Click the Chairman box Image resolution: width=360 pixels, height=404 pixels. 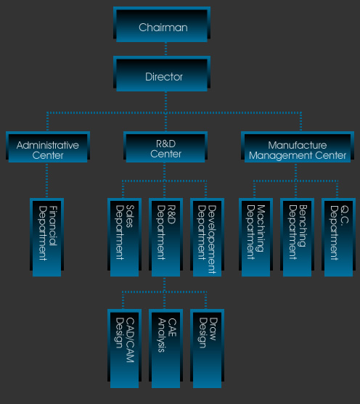(162, 25)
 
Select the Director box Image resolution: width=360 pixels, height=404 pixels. (162, 74)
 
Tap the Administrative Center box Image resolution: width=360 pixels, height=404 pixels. (48, 147)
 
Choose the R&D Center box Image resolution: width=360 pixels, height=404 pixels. (165, 147)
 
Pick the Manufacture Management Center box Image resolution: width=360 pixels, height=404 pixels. (298, 147)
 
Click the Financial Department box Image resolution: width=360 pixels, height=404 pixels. (46, 237)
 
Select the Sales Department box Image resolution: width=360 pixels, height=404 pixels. (124, 237)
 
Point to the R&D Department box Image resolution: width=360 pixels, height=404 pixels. (165, 237)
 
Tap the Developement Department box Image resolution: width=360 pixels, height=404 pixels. (207, 237)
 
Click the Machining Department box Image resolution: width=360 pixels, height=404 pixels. (255, 237)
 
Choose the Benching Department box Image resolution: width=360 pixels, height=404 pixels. (297, 237)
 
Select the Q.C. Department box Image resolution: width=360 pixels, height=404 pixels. (338, 237)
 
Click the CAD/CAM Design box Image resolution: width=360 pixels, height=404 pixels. (124, 349)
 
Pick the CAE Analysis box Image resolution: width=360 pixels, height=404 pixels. (165, 349)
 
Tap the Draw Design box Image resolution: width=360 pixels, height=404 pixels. (207, 349)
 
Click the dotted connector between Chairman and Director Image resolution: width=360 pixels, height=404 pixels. (165, 49)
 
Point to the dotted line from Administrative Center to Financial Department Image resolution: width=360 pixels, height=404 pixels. (46, 181)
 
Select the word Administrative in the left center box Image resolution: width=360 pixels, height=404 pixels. (48, 145)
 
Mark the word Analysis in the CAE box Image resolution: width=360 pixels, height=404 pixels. (162, 335)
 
